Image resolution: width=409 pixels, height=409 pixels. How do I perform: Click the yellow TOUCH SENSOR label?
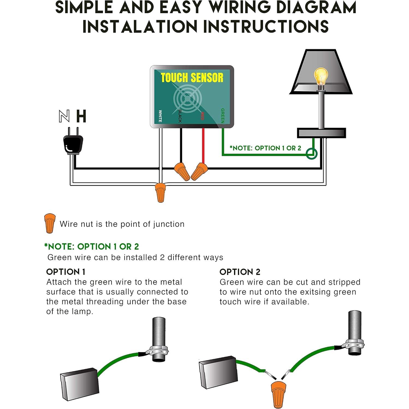click(192, 78)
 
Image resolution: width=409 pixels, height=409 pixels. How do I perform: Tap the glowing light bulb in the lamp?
click(321, 76)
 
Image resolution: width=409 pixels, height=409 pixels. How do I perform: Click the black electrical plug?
click(72, 143)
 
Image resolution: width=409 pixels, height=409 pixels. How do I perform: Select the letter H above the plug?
click(81, 117)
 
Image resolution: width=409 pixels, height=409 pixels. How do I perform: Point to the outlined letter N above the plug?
click(64, 117)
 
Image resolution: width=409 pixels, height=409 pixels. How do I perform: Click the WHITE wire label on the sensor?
click(160, 116)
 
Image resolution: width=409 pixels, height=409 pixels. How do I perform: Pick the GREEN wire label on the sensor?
click(223, 116)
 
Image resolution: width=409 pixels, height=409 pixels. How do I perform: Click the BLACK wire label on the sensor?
click(180, 116)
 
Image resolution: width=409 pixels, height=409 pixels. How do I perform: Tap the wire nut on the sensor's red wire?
click(199, 171)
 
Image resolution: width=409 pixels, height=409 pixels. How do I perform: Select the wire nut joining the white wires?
click(160, 192)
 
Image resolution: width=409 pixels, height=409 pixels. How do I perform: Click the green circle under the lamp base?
click(311, 154)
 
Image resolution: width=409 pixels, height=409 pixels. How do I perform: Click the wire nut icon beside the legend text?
click(50, 223)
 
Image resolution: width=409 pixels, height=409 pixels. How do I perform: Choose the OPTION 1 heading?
click(66, 272)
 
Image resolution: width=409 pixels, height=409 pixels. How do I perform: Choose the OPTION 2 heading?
click(240, 272)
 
